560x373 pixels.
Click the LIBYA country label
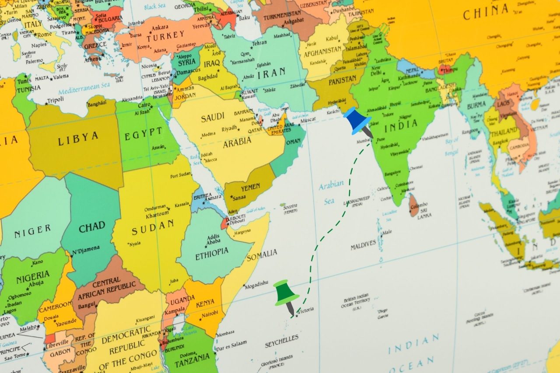(x=78, y=139)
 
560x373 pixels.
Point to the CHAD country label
(x=92, y=227)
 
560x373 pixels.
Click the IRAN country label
(x=271, y=73)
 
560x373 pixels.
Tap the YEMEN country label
(x=251, y=188)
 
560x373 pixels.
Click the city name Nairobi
(x=210, y=313)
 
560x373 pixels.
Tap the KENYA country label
(x=205, y=303)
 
